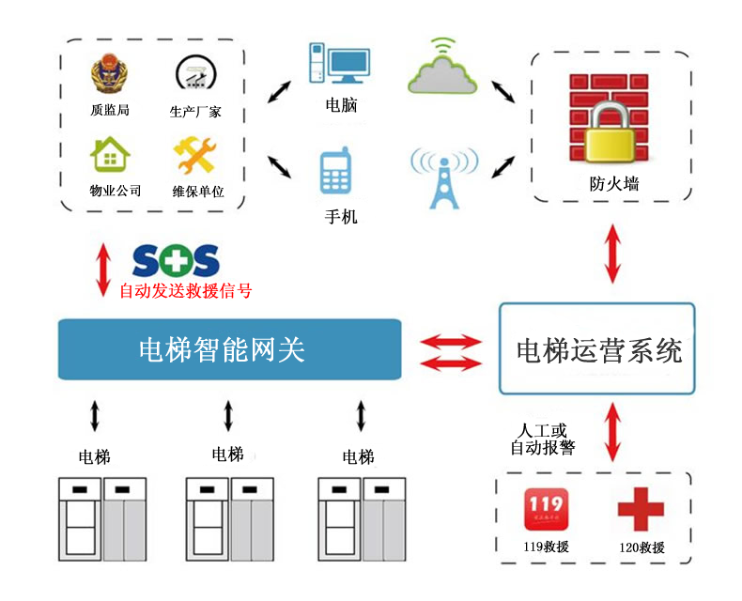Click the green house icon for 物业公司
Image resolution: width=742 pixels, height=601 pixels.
(x=109, y=155)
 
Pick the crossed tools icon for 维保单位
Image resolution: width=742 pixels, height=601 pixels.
(x=197, y=155)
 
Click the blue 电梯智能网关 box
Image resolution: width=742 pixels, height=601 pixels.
(x=230, y=350)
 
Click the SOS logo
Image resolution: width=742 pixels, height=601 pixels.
(x=176, y=260)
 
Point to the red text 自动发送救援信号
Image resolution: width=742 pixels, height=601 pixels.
(x=185, y=291)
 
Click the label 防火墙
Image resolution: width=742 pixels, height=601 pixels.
(x=608, y=185)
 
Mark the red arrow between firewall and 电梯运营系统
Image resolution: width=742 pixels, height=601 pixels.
(x=612, y=252)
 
